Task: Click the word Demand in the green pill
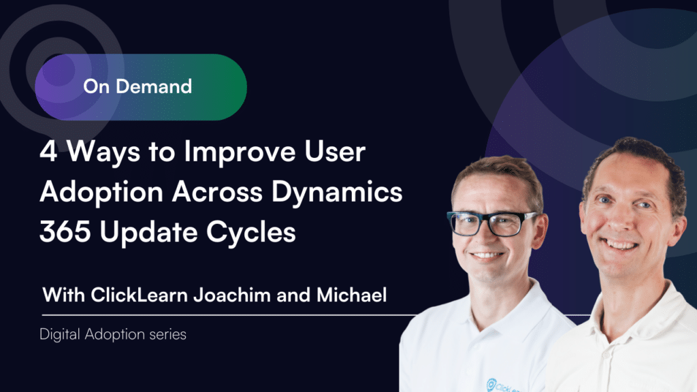point(154,86)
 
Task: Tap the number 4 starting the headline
point(48,152)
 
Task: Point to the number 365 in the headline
point(65,231)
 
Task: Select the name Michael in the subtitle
point(352,295)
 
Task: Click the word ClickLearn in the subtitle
point(139,295)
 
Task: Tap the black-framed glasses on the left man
point(492,223)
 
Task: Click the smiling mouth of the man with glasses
point(487,256)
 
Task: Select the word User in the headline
point(335,152)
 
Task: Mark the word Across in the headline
point(217,192)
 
